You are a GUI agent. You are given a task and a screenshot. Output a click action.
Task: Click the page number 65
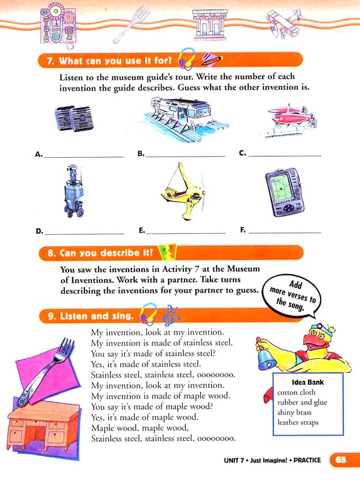click(x=340, y=460)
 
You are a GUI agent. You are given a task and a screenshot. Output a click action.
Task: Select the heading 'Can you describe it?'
click(x=100, y=253)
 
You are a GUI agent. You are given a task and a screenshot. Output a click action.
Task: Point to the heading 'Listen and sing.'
click(x=89, y=316)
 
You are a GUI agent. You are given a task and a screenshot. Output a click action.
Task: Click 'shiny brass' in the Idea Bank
click(x=295, y=413)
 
